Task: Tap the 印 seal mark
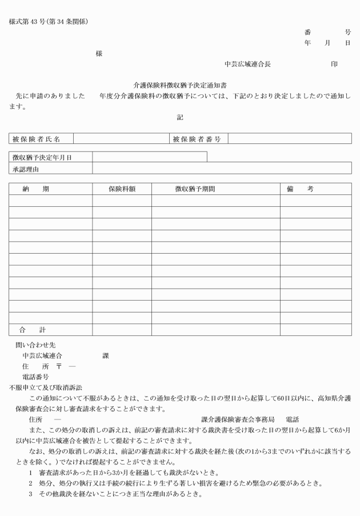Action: pyautogui.click(x=334, y=65)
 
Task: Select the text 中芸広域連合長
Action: pyautogui.click(x=247, y=65)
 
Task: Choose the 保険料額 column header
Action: pyautogui.click(x=122, y=189)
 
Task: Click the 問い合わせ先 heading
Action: pyautogui.click(x=35, y=345)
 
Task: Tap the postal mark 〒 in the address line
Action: pyautogui.click(x=59, y=366)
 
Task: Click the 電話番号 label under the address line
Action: pyautogui.click(x=35, y=377)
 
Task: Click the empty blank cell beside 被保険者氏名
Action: pyautogui.click(x=121, y=139)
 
